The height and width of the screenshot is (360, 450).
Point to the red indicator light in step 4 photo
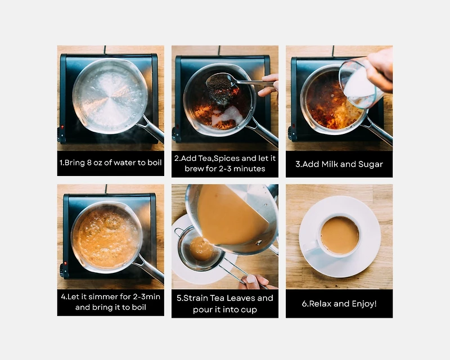65,263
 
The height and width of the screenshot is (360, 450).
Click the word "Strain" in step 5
196,298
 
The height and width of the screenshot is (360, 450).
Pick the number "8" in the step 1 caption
89,163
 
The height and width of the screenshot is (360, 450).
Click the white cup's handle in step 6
310,246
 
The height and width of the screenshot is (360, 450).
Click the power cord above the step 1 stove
105,49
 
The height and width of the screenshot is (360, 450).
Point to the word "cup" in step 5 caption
249,310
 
